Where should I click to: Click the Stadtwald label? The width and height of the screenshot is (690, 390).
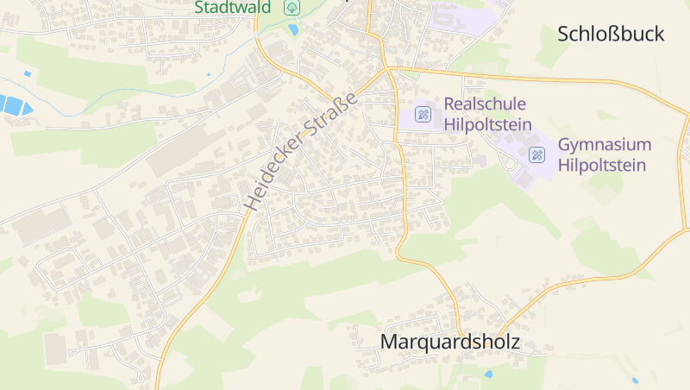pos(233,7)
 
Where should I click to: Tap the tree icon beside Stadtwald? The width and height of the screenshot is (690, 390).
pos(292,7)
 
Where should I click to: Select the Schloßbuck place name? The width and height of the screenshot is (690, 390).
pos(611,34)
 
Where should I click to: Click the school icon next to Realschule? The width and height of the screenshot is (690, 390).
pos(423,113)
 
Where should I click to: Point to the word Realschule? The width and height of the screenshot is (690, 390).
pos(485,104)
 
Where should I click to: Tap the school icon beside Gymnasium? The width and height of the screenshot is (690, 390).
pos(536,154)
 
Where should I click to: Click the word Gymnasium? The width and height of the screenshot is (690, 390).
pos(605,144)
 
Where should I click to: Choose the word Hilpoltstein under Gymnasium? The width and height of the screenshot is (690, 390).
pos(602,165)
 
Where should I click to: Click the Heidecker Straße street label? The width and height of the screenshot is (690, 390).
pos(300,150)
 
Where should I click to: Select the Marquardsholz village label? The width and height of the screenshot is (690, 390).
pos(449,342)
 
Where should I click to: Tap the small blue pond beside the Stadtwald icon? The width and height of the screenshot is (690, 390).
pos(294,30)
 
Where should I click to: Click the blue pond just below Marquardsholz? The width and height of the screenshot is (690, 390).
pos(489,374)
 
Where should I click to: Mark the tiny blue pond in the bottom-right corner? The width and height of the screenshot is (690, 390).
pos(636,380)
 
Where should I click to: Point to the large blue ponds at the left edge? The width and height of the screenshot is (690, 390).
pos(13,105)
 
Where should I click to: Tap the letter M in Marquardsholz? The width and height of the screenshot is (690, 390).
pos(389,342)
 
